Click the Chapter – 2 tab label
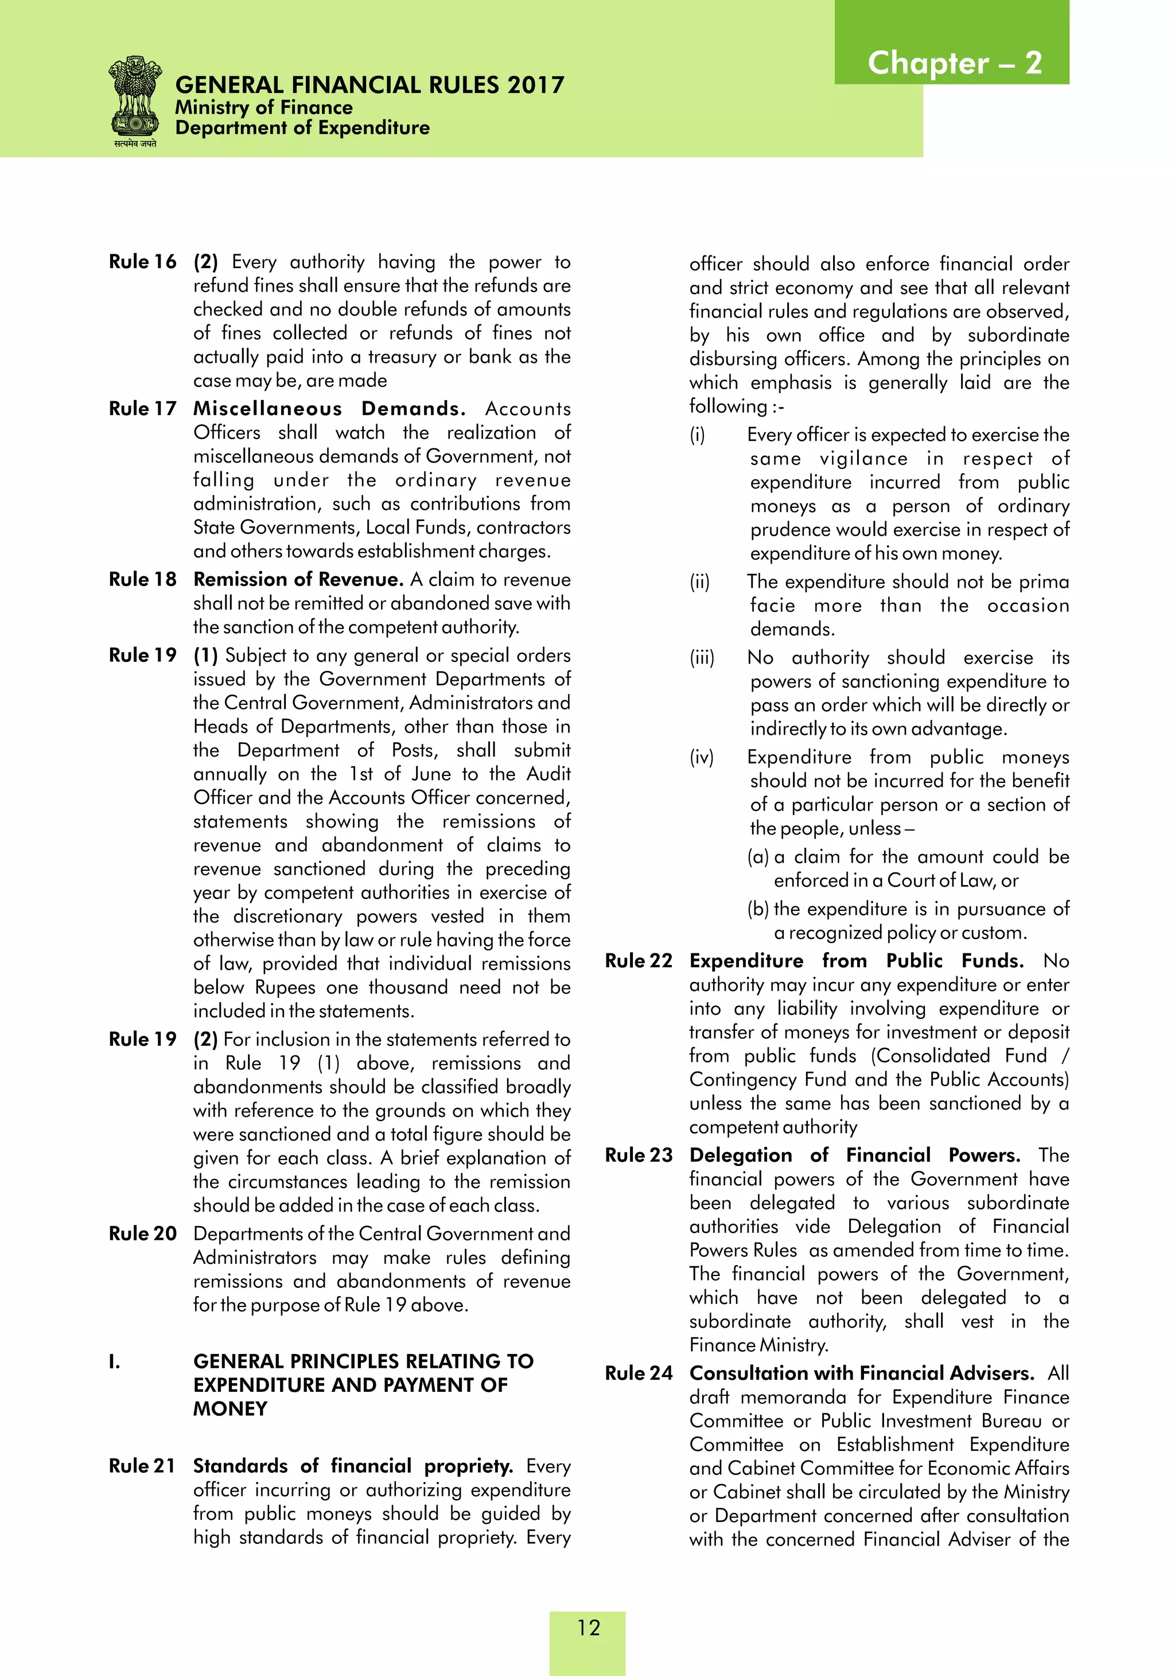[x=954, y=64]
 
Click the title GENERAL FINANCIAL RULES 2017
[x=369, y=86]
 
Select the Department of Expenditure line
[x=302, y=128]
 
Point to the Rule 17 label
[x=142, y=409]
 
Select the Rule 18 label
[x=142, y=580]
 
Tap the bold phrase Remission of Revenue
[x=298, y=580]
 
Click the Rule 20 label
[x=142, y=1233]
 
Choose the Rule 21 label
[x=142, y=1466]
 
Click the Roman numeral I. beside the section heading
[x=115, y=1361]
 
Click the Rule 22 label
[x=639, y=961]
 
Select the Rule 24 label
[x=639, y=1373]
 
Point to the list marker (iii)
[x=702, y=658]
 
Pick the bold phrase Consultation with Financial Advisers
[x=861, y=1373]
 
